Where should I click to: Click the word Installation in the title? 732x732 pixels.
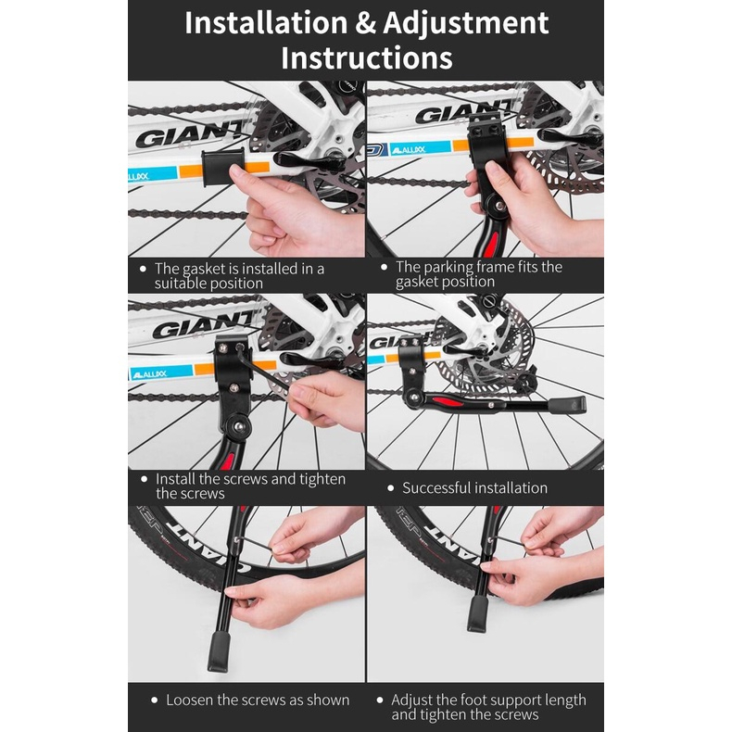pyautogui.click(x=266, y=23)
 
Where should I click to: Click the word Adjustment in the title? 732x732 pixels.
pyautogui.click(x=465, y=24)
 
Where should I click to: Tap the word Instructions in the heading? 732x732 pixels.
pyautogui.click(x=367, y=57)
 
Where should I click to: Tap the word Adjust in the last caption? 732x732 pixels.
pyautogui.click(x=412, y=700)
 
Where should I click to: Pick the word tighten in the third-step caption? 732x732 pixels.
pyautogui.click(x=322, y=479)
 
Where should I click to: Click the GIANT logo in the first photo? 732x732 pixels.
pyautogui.click(x=189, y=135)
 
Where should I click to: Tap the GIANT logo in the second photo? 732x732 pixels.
pyautogui.click(x=462, y=112)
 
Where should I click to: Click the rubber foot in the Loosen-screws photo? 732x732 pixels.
pyautogui.click(x=219, y=652)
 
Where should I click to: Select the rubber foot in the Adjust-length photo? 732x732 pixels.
pyautogui.click(x=477, y=613)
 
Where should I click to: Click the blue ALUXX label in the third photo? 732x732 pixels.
pyautogui.click(x=161, y=373)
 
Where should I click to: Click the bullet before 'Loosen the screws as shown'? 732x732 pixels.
pyautogui.click(x=155, y=700)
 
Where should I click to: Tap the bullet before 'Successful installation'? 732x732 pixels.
pyautogui.click(x=391, y=487)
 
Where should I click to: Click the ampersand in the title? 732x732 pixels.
pyautogui.click(x=365, y=24)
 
